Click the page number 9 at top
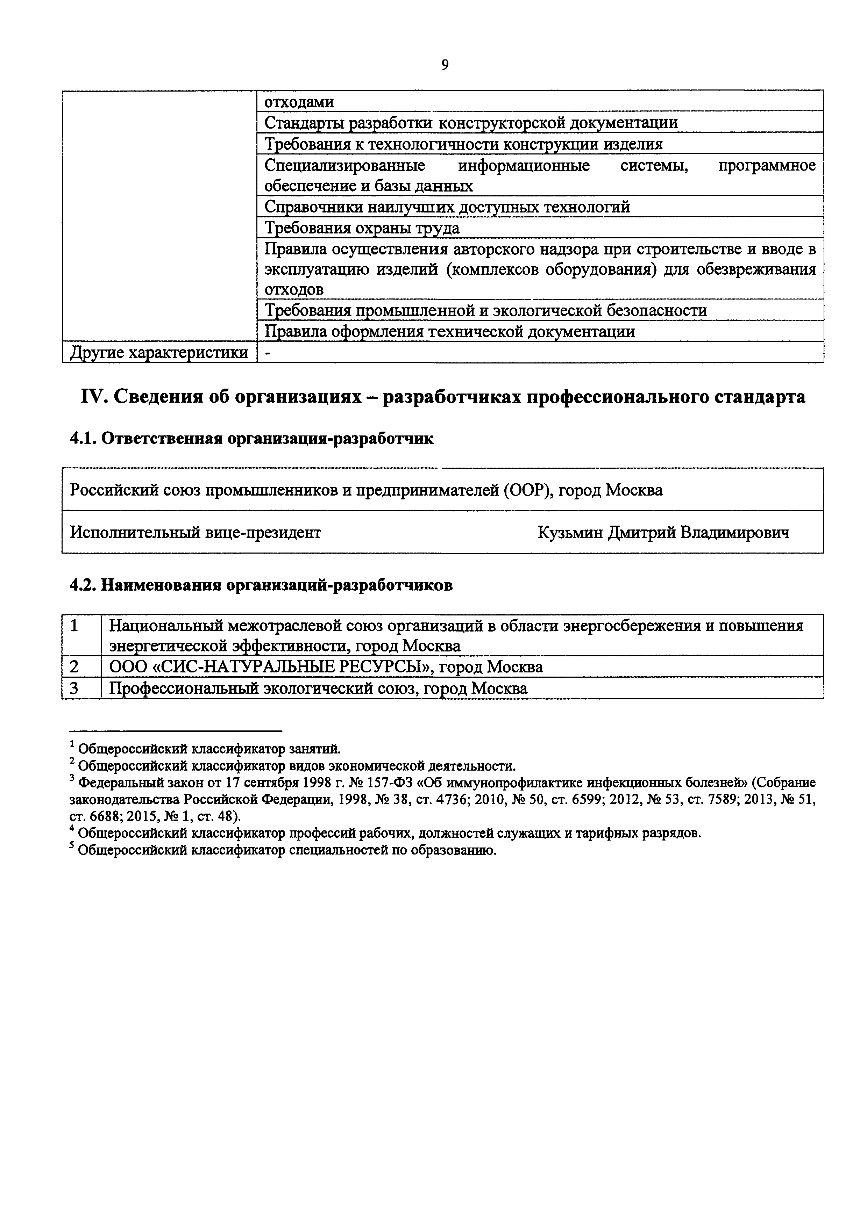coord(445,65)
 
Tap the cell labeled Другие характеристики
coord(159,352)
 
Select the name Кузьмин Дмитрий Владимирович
coord(663,532)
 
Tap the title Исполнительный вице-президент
coord(196,532)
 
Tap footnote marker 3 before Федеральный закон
coord(72,780)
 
